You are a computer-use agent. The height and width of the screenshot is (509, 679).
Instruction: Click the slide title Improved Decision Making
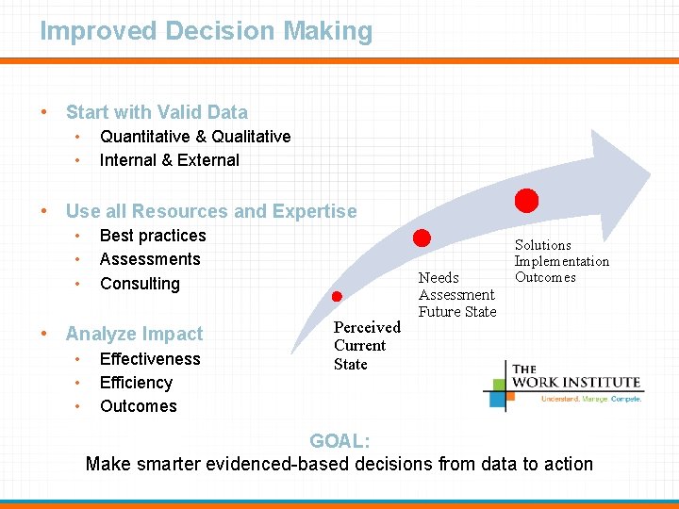tap(206, 31)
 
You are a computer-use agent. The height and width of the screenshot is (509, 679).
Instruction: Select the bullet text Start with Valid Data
tap(157, 112)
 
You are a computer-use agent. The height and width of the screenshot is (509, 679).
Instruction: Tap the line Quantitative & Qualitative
tap(195, 137)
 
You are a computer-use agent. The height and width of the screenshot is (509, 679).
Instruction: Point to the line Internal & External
tap(170, 160)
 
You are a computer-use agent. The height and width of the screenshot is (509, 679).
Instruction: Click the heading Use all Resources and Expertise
tap(211, 211)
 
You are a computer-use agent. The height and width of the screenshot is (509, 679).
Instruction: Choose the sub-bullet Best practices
tap(153, 236)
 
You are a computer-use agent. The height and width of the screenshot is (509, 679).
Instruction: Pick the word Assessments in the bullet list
tap(150, 259)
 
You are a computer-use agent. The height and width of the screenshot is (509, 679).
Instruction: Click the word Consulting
tap(140, 284)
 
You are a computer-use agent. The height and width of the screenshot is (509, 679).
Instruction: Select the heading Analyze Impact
tap(134, 334)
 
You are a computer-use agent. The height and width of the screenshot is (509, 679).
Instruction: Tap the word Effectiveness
tap(150, 359)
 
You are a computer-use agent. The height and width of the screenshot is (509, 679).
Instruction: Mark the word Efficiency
tap(136, 383)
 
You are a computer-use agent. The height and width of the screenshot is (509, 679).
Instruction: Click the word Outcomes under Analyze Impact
tap(138, 406)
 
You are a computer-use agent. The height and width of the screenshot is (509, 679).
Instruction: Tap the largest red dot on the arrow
tap(526, 200)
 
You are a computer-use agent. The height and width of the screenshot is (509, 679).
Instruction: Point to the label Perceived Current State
tap(366, 346)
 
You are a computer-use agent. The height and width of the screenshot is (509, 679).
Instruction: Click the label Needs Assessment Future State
tap(457, 294)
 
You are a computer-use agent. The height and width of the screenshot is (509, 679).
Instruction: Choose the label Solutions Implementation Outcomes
tap(561, 261)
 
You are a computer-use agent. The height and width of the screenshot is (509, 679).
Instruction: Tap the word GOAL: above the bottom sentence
tap(339, 441)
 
